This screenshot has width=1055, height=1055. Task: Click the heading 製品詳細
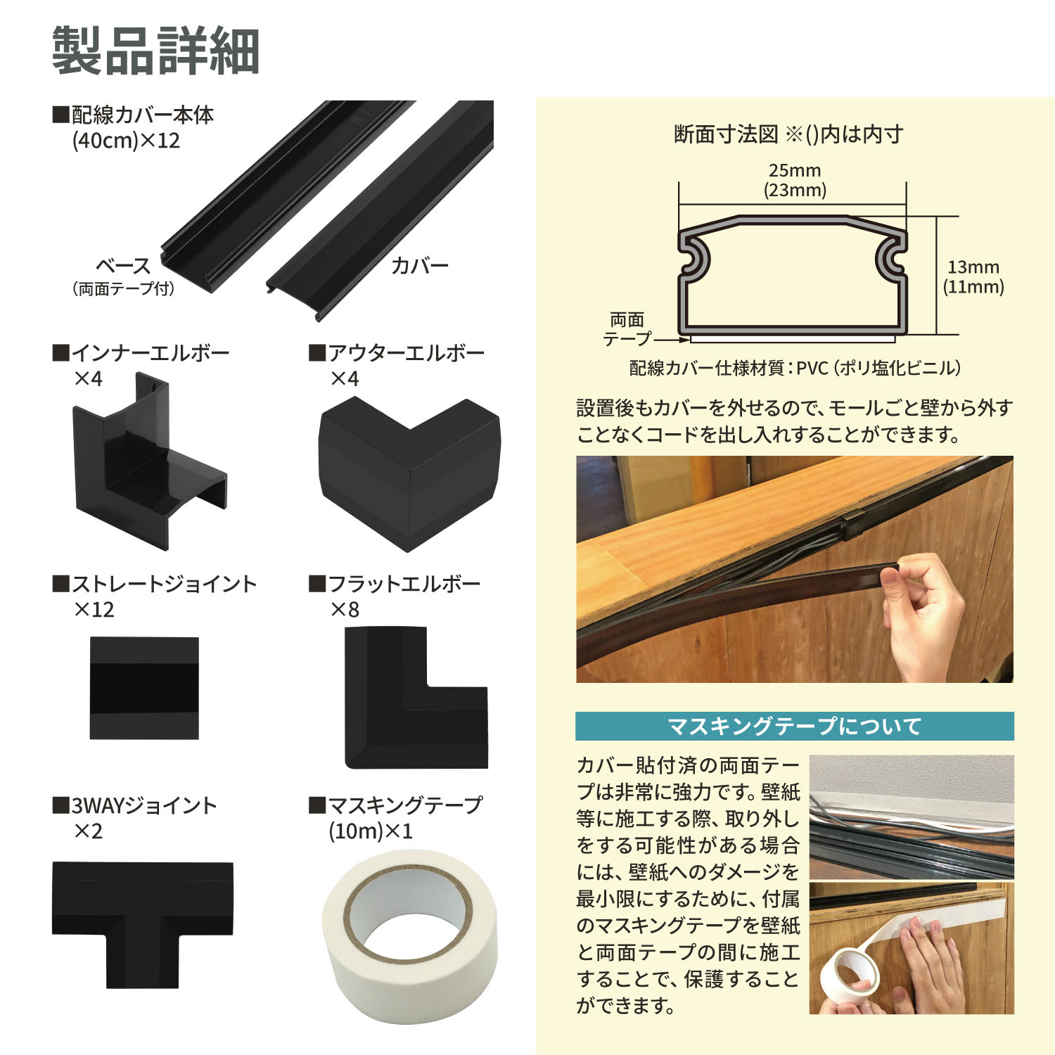tap(156, 51)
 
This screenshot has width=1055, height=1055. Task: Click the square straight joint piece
tap(144, 688)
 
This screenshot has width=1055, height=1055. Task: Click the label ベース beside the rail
tap(123, 266)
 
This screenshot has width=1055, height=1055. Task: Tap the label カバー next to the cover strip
tap(420, 265)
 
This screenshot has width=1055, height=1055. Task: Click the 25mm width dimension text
tap(795, 170)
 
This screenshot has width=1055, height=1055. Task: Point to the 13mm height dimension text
tap(973, 267)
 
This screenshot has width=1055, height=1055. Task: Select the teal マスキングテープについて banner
tap(795, 726)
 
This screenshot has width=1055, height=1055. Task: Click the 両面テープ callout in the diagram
tap(627, 329)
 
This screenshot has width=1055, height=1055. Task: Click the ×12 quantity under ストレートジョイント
tap(94, 610)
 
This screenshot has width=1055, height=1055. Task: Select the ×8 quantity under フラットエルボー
tap(345, 610)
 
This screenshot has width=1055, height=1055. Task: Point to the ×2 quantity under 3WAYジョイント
tap(89, 831)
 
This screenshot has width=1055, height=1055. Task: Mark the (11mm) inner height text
tap(973, 286)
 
